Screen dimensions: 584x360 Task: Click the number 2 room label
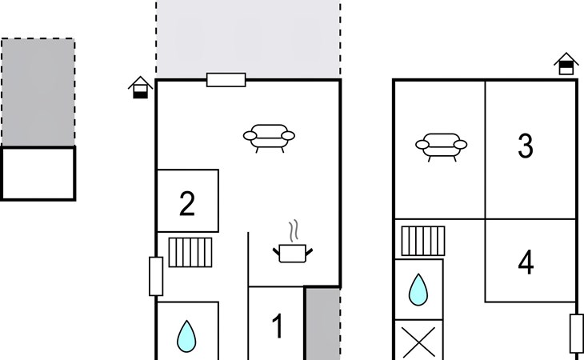click(187, 203)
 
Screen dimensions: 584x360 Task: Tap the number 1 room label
click(278, 326)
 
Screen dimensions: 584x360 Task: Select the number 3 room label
click(526, 146)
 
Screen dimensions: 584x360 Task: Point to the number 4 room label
click(526, 262)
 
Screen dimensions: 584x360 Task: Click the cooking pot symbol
click(293, 253)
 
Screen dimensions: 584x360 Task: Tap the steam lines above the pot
click(294, 230)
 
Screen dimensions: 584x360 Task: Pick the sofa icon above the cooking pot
click(269, 138)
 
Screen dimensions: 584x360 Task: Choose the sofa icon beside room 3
click(442, 147)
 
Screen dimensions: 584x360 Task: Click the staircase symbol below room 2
click(190, 253)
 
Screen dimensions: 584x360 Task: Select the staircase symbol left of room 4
click(423, 241)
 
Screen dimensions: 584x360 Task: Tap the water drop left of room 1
click(186, 336)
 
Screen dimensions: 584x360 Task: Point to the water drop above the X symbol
click(418, 290)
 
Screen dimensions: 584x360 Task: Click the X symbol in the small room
click(419, 342)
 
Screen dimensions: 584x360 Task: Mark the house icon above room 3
click(566, 64)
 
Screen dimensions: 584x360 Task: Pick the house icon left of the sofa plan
click(141, 87)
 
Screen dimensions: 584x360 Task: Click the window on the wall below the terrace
click(226, 80)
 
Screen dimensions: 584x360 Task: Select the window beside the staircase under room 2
click(156, 276)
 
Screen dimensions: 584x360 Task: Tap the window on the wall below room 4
click(577, 334)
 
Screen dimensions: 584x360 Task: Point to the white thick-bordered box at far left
click(38, 174)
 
